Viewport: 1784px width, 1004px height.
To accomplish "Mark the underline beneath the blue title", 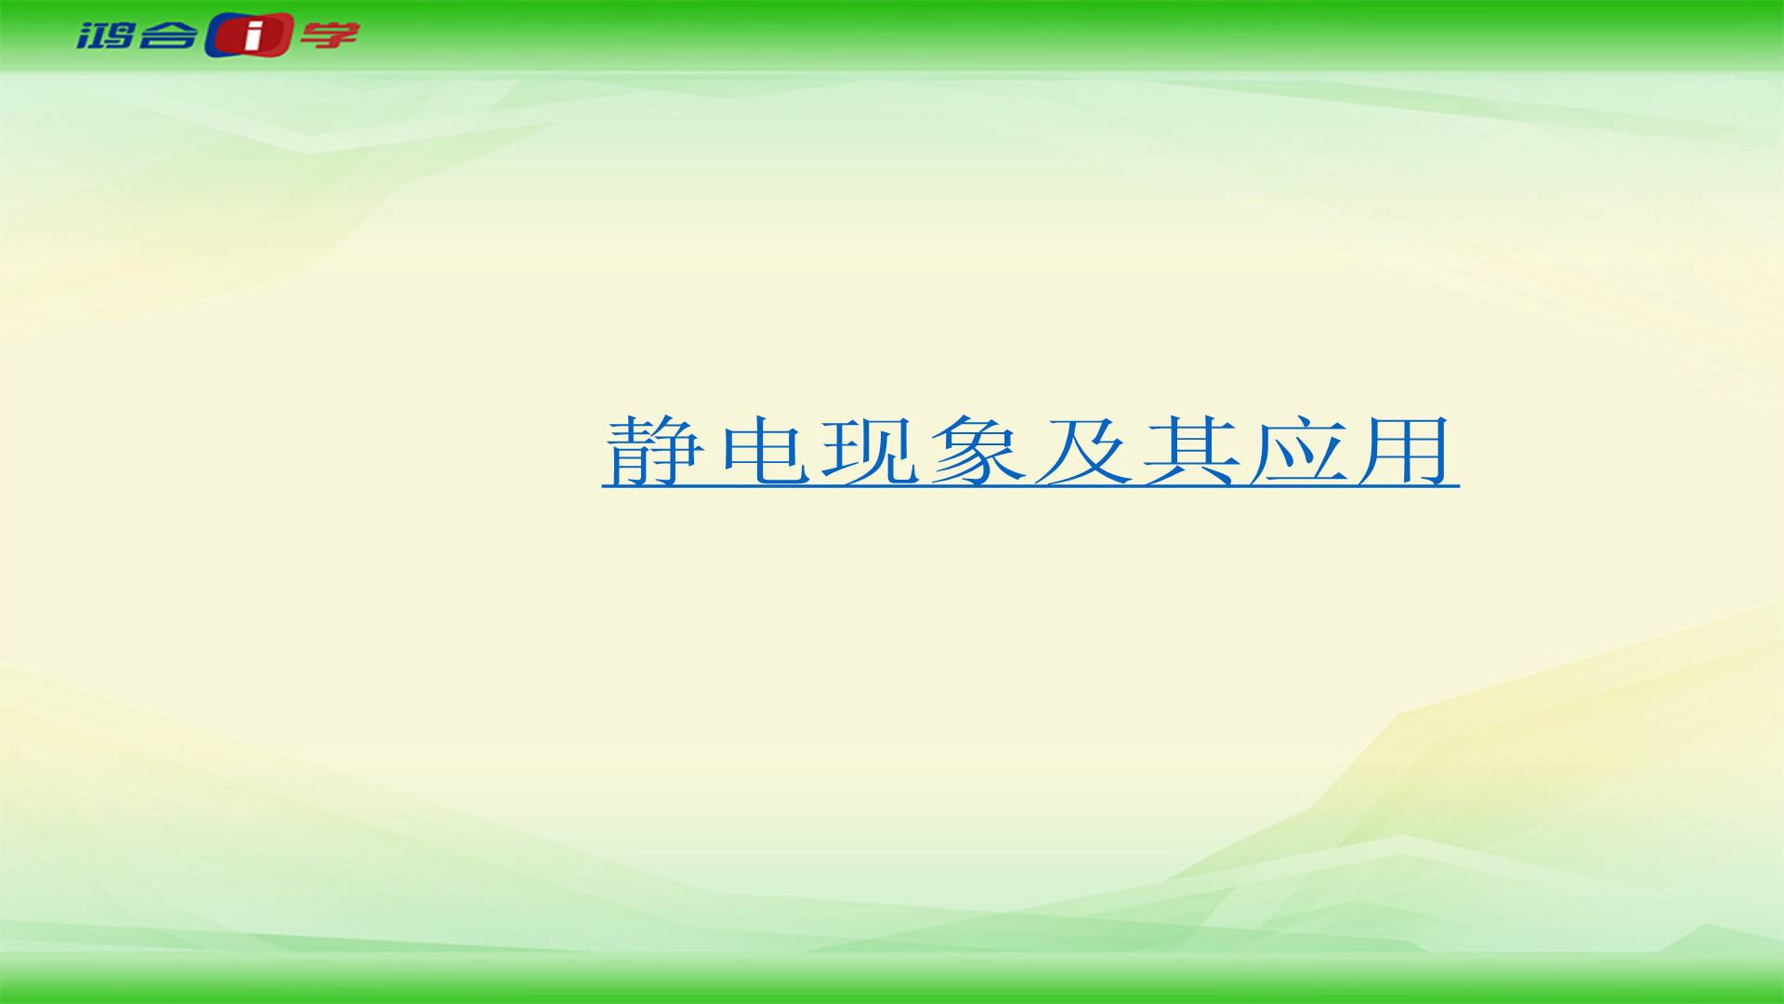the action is point(1030,484).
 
